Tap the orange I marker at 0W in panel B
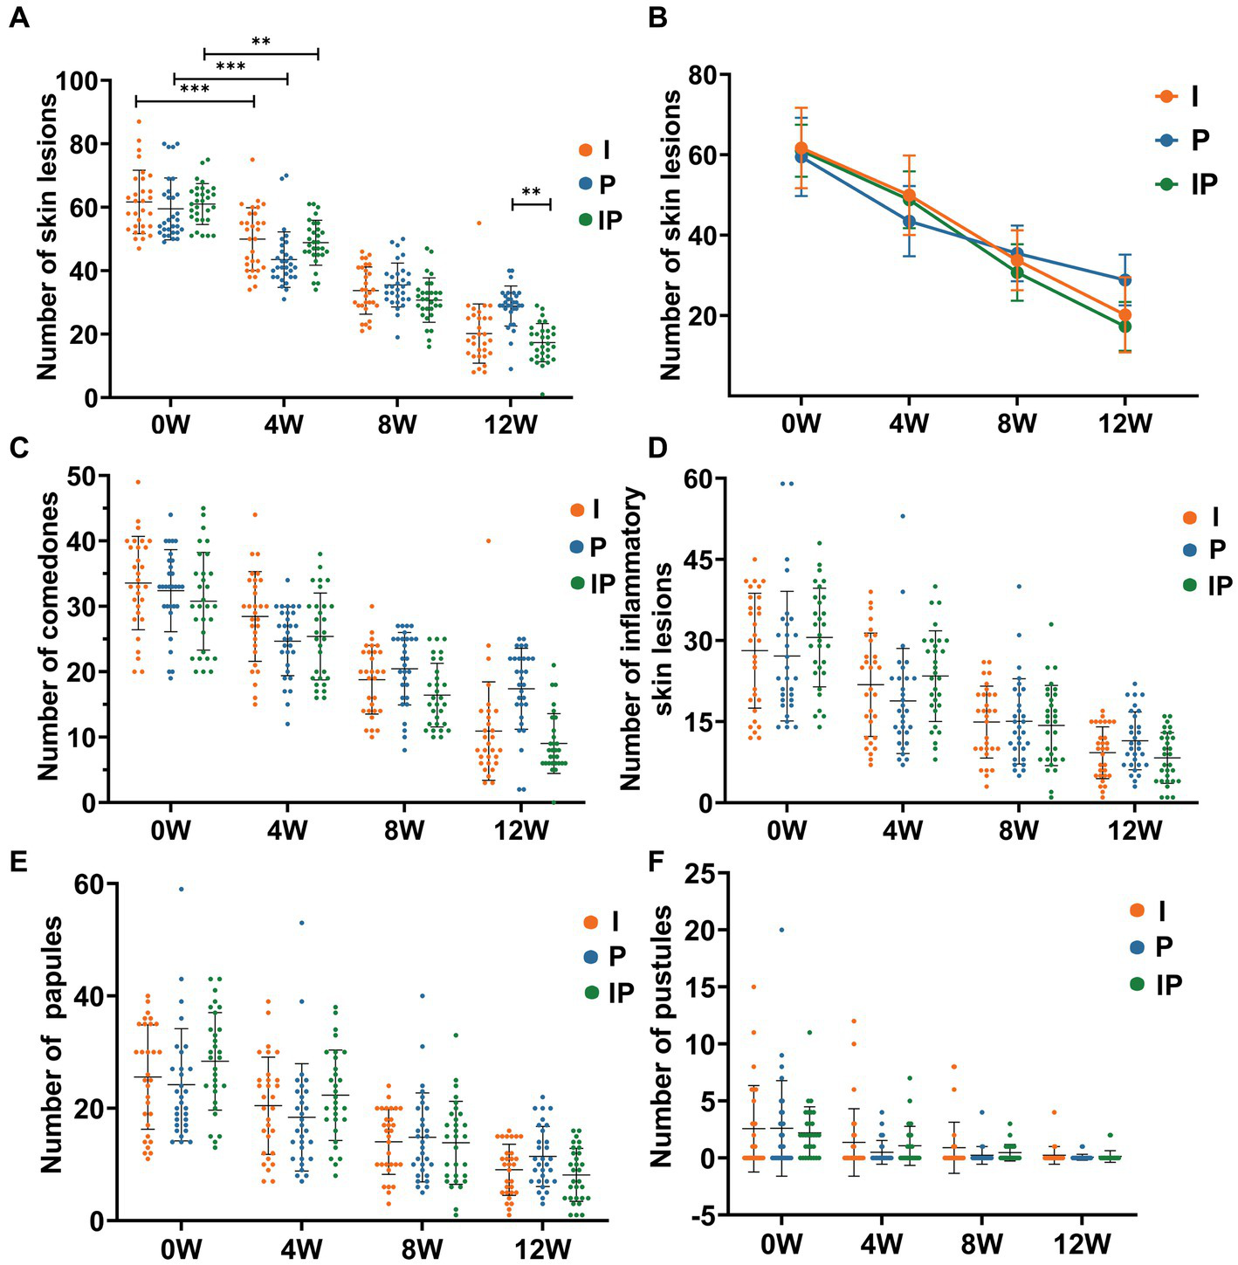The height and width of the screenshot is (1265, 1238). (x=801, y=149)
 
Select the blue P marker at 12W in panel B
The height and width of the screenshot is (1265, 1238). (x=1125, y=280)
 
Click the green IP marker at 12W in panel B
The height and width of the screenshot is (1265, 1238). (x=1125, y=327)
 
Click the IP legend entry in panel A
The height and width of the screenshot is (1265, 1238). (x=601, y=220)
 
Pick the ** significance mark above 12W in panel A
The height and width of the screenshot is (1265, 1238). (x=531, y=193)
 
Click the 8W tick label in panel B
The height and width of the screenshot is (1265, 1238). (x=1017, y=423)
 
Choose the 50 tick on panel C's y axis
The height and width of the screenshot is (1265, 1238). (x=86, y=477)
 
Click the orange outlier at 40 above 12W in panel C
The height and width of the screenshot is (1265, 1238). (x=488, y=541)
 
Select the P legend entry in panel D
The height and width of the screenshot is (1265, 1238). (x=1205, y=550)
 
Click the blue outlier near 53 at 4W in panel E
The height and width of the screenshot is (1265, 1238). (x=301, y=923)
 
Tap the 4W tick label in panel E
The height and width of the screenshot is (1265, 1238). (x=301, y=1248)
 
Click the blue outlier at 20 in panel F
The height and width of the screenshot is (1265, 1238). (x=781, y=930)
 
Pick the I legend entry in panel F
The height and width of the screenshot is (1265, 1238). (x=1151, y=911)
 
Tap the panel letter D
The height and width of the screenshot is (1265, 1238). (x=657, y=448)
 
